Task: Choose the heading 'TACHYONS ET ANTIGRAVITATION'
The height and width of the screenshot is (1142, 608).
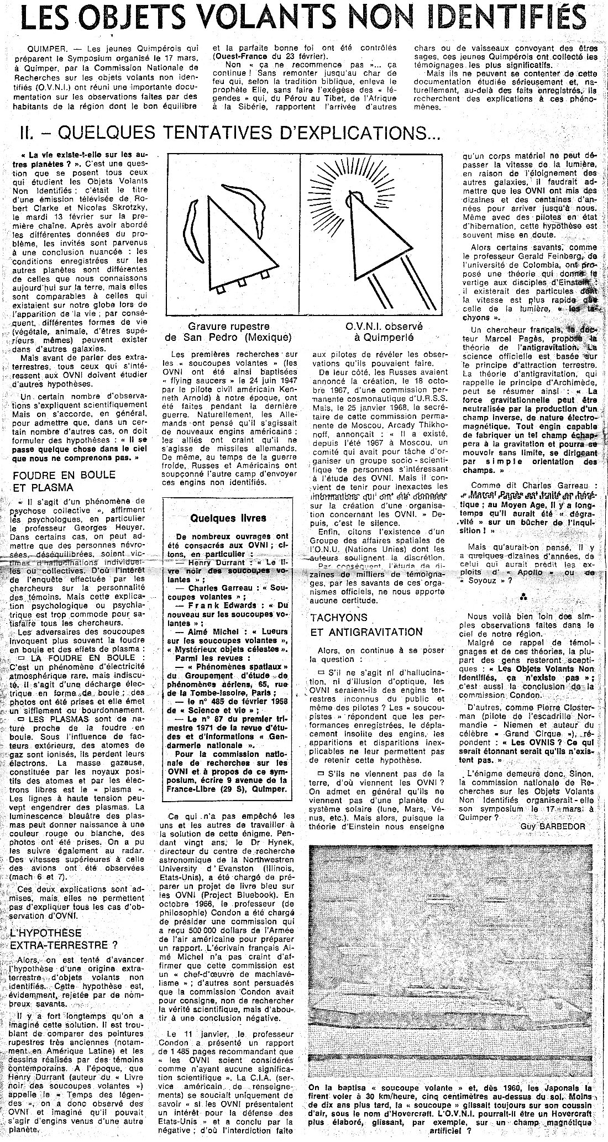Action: (x=366, y=624)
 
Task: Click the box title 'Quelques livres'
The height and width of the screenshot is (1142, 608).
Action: (x=228, y=518)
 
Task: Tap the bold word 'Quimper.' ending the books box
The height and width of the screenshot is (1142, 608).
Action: (x=269, y=790)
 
